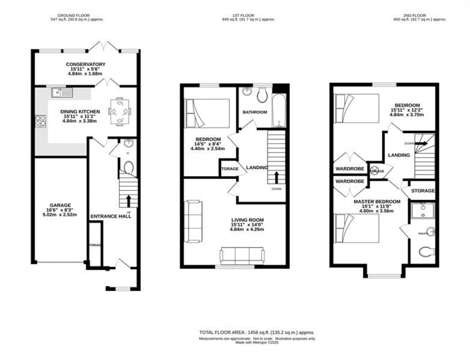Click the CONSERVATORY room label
pyautogui.click(x=86, y=64)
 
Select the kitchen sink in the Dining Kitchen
pyautogui.click(x=61, y=92)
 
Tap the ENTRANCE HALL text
pyautogui.click(x=111, y=216)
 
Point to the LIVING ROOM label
pyautogui.click(x=247, y=220)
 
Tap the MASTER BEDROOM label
pyautogui.click(x=377, y=201)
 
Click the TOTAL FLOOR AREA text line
pyautogui.click(x=257, y=332)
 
